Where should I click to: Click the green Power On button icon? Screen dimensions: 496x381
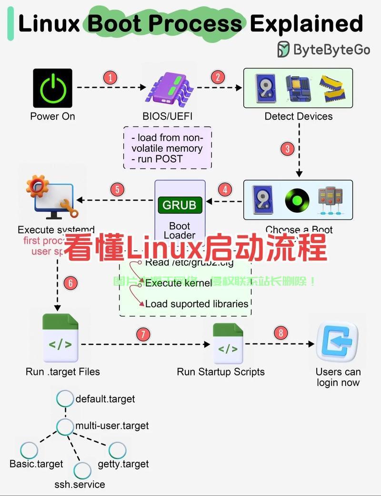click(x=52, y=88)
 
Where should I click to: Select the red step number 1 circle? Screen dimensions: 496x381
click(x=110, y=77)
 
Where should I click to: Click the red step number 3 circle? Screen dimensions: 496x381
click(x=287, y=149)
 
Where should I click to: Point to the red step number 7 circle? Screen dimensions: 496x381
click(x=143, y=334)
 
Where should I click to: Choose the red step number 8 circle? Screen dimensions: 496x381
click(x=281, y=333)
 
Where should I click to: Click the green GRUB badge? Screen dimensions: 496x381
click(x=180, y=205)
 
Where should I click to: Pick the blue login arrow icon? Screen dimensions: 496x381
click(x=337, y=341)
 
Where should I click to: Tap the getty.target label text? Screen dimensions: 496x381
click(x=123, y=464)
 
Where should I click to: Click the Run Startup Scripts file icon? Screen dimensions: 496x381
click(x=228, y=344)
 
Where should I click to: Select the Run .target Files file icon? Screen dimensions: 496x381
click(x=60, y=338)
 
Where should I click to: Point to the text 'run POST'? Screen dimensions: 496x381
click(x=160, y=159)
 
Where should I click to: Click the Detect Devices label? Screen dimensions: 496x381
click(x=299, y=116)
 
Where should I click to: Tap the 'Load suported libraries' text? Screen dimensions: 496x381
click(x=197, y=304)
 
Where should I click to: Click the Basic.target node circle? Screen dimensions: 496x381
click(x=30, y=450)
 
